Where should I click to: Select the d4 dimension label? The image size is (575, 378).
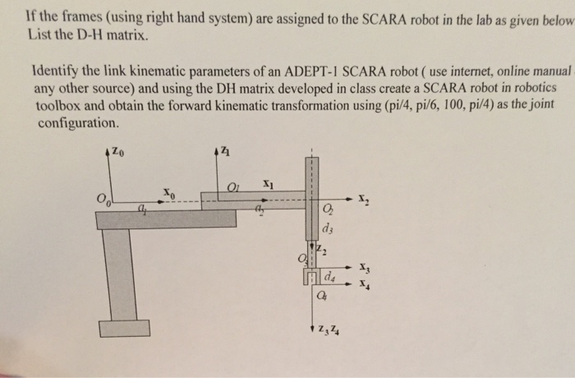pyautogui.click(x=329, y=274)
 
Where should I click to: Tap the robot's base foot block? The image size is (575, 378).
pyautogui.click(x=125, y=328)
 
